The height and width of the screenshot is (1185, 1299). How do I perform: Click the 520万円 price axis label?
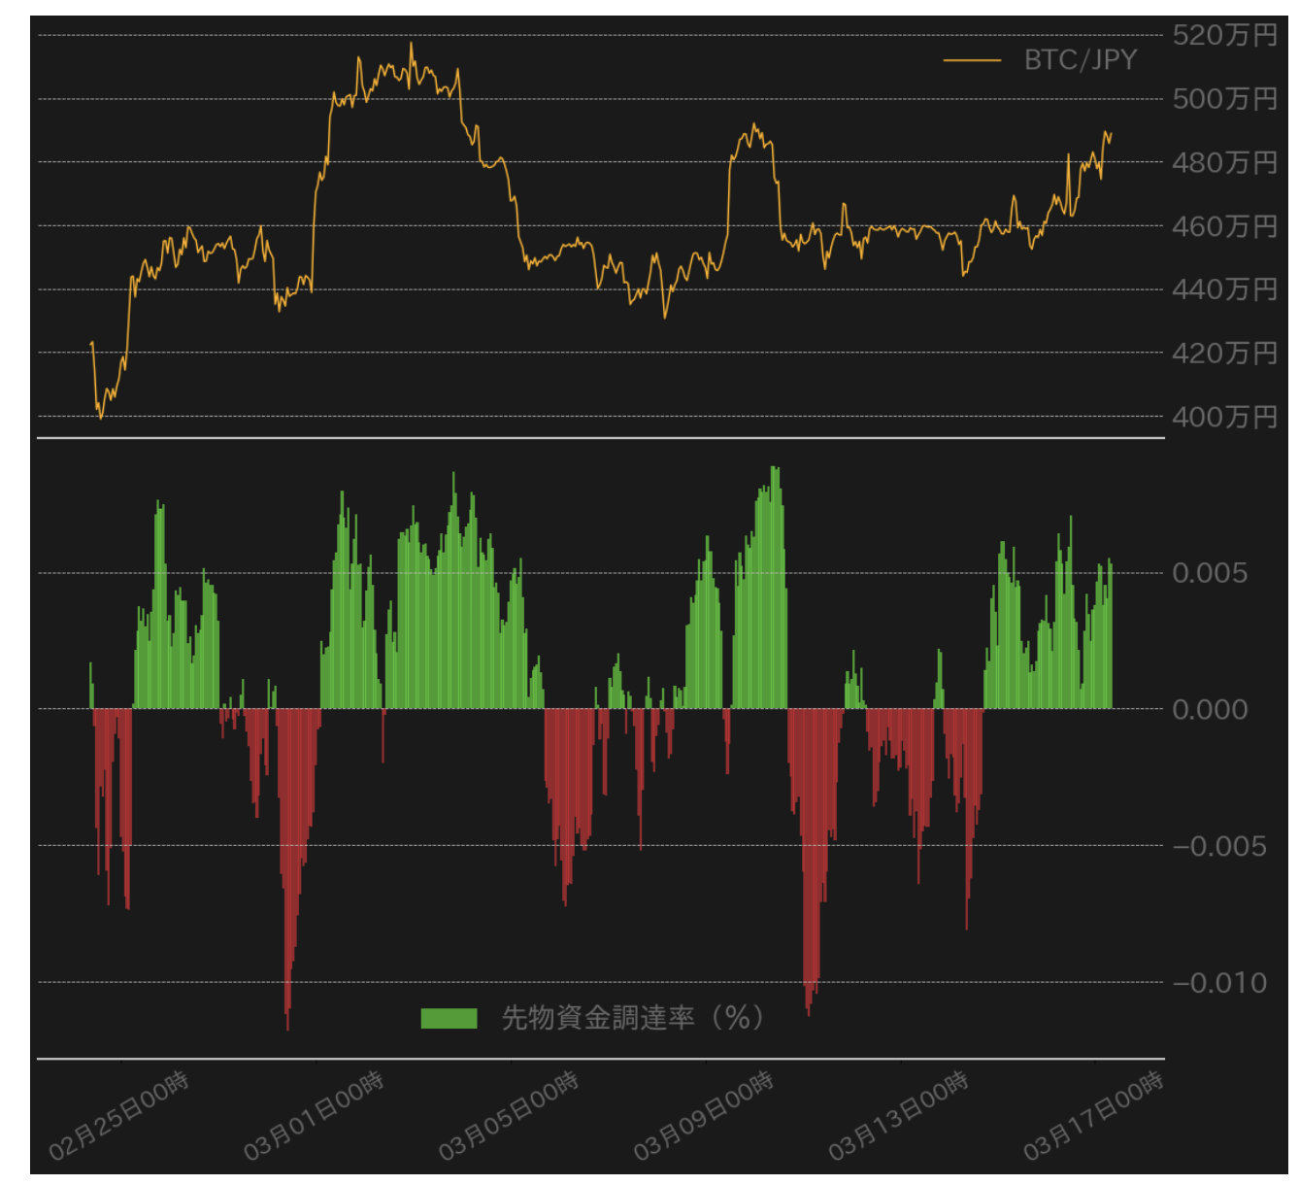click(x=1224, y=35)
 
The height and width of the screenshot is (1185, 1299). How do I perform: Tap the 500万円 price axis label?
click(x=1224, y=99)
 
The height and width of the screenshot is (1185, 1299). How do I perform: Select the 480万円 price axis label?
click(x=1224, y=162)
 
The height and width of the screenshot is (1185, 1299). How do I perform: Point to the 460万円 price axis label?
click(x=1224, y=226)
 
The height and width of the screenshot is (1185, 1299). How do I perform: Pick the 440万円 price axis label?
click(x=1224, y=289)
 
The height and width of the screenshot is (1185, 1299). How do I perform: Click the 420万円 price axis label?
click(x=1224, y=354)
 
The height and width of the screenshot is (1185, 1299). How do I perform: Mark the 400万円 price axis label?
click(x=1224, y=418)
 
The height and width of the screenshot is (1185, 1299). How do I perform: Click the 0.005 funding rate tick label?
click(x=1209, y=573)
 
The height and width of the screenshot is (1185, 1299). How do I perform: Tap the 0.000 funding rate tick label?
click(x=1210, y=710)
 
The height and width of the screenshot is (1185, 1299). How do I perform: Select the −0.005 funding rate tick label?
click(x=1218, y=847)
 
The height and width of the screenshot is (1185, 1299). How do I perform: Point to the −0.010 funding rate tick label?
click(x=1218, y=984)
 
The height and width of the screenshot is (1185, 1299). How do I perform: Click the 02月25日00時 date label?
click(x=118, y=1115)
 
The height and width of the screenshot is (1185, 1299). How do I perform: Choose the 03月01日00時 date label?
click(x=314, y=1115)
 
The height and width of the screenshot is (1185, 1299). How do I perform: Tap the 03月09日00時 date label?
click(x=703, y=1115)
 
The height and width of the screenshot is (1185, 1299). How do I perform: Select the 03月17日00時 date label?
click(x=1093, y=1115)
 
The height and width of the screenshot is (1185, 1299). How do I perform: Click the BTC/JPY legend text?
click(x=1081, y=60)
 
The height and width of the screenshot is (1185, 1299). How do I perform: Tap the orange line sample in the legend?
click(x=972, y=60)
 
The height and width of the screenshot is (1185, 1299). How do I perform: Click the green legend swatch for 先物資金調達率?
click(x=449, y=1019)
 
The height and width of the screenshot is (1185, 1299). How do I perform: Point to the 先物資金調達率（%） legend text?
click(x=633, y=1018)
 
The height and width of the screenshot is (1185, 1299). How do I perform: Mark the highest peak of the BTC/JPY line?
click(x=411, y=43)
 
